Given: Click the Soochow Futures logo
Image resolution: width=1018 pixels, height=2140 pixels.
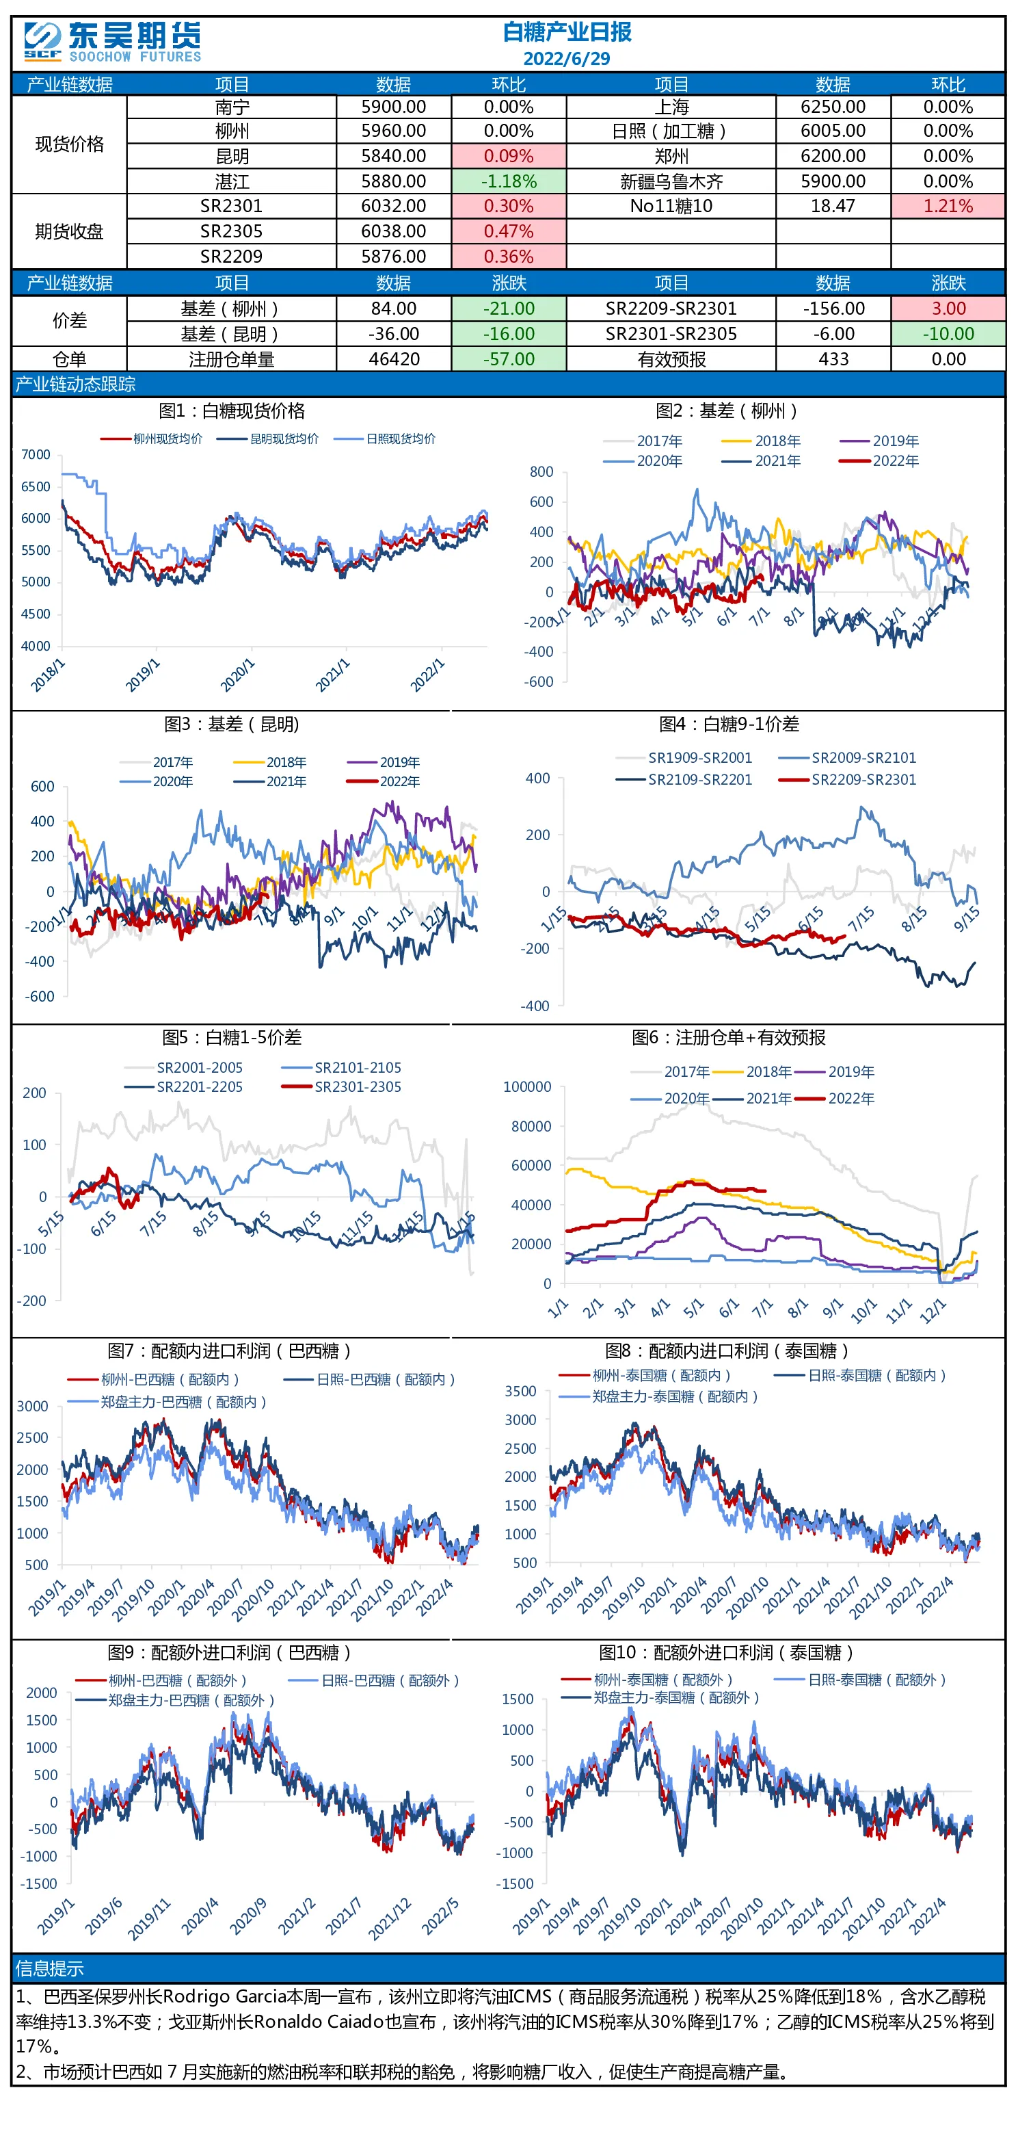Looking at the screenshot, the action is coord(113,42).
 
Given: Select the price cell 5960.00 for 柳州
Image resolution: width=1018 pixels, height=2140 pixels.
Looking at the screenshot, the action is coord(394,131).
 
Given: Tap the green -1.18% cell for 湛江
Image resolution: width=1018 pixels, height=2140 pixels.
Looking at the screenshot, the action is coord(509,181).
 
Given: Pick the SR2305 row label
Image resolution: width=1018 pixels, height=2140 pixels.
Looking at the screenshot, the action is coord(231,231).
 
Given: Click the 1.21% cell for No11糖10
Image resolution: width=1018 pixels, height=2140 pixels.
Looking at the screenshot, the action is coord(948,206).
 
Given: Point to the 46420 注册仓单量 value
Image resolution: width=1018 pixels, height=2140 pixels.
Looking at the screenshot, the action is coord(394,359).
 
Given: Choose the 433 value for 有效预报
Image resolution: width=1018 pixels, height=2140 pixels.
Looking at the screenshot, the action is coord(833,359).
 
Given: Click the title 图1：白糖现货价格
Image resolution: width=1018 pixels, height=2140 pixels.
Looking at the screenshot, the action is coord(232,410).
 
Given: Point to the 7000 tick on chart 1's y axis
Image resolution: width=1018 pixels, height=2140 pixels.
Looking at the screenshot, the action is coord(36,454).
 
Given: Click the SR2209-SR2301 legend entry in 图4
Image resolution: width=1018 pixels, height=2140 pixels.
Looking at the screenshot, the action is coord(847,779).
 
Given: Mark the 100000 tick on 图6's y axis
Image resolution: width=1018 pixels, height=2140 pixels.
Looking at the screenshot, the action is coord(527,1086).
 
